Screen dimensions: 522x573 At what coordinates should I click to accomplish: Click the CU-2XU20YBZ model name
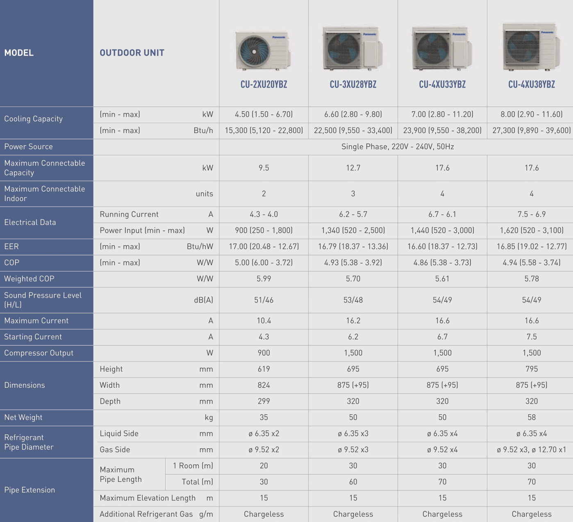(x=264, y=85)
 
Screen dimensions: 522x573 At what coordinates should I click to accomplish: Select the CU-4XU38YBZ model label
(x=532, y=85)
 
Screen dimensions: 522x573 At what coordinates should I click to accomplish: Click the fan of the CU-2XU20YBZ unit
(x=254, y=51)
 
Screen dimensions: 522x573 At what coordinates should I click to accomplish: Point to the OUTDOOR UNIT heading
(x=132, y=53)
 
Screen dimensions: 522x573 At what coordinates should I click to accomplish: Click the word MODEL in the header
(x=19, y=53)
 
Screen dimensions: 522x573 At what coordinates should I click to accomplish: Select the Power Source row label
(x=29, y=147)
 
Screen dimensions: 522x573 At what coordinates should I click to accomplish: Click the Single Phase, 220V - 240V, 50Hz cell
(x=397, y=147)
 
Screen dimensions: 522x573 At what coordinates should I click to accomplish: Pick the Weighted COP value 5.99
(x=264, y=279)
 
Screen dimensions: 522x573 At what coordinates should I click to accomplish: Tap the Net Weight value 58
(x=532, y=417)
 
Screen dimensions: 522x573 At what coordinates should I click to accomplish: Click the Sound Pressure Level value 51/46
(x=264, y=300)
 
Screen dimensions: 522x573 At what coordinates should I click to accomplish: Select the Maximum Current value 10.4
(x=264, y=321)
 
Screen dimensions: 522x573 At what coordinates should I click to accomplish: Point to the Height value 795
(x=532, y=369)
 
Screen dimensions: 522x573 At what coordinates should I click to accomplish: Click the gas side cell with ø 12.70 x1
(x=532, y=450)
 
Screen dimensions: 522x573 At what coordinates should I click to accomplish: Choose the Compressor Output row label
(x=39, y=353)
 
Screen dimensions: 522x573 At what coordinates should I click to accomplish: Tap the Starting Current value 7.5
(x=532, y=337)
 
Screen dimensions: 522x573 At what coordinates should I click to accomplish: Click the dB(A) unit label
(x=203, y=300)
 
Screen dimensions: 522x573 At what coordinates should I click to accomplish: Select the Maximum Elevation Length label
(x=148, y=498)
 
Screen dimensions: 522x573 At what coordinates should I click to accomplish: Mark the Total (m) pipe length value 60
(x=353, y=482)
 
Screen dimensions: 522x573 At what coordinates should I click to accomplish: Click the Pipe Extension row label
(x=30, y=490)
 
